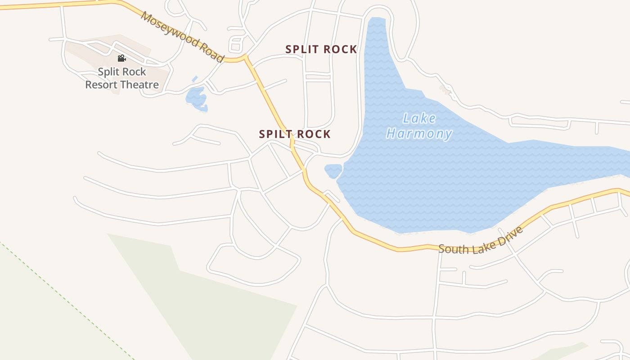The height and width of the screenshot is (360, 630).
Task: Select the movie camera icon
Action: point(121,58)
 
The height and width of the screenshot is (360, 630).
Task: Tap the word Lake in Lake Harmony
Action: point(419,119)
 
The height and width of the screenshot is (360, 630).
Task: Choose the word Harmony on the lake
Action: point(419,134)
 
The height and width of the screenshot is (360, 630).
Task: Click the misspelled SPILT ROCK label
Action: point(295,134)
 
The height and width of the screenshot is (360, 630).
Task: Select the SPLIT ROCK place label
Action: point(321,49)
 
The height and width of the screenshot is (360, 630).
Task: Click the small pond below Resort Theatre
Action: point(197,99)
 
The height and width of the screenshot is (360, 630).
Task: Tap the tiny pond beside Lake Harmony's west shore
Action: point(333,171)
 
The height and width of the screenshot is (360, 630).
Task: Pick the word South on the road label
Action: point(451,248)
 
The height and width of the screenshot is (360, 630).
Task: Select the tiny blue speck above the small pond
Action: point(194,79)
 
